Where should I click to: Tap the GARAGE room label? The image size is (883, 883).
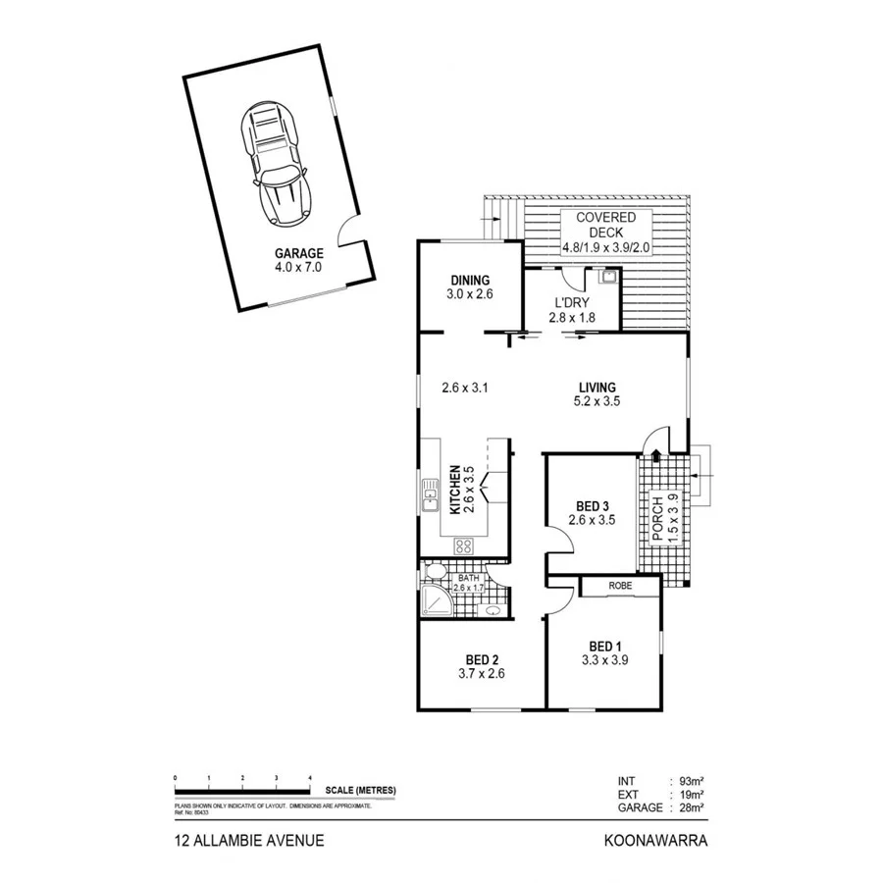[x=299, y=253]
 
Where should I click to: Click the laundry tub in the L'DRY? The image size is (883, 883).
[x=609, y=279]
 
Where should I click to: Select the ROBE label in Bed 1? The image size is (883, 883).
[x=619, y=586]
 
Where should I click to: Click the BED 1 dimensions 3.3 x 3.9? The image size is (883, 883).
[x=604, y=660]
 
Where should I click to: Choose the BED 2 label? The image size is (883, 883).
[x=481, y=659]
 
